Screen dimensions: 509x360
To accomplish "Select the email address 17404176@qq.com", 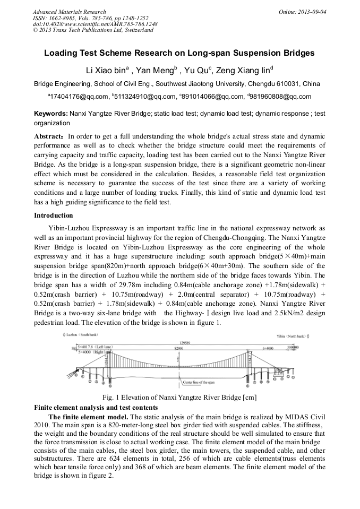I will pos(79,97).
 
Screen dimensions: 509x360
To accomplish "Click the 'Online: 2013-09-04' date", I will pos(303,12).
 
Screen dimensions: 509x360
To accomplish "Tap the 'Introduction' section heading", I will pos(54,215).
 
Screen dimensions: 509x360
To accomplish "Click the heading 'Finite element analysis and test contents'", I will pos(96,408).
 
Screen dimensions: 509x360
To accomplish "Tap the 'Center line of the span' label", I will pos(198,382).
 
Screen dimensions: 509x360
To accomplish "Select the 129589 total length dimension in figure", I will pos(185,343).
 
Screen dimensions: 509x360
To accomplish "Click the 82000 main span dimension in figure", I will pos(181,347).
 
